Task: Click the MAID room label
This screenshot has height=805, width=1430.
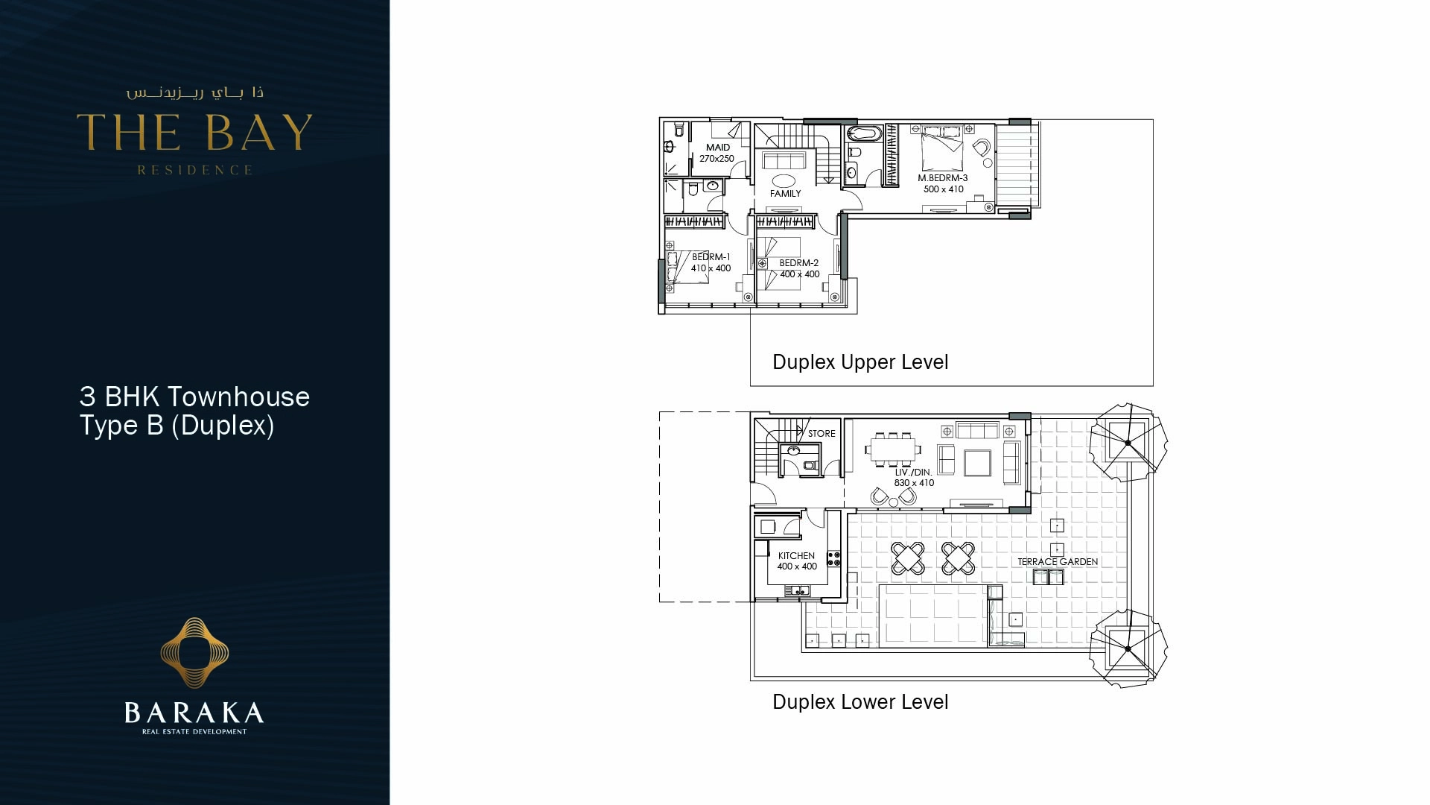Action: pos(718,148)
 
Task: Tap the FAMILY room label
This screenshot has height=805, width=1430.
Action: pos(785,194)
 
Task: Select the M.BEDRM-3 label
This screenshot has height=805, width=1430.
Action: pos(942,178)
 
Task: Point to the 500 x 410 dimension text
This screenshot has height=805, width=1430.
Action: pos(943,189)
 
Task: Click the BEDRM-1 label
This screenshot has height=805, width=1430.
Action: pos(711,257)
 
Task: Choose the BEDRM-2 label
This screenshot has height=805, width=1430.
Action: pos(798,263)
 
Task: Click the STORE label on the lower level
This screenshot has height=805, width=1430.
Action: pos(822,434)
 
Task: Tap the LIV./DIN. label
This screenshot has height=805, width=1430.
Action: pos(913,473)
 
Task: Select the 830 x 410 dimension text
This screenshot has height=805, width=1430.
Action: pos(914,483)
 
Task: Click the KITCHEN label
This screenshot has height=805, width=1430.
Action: pos(796,556)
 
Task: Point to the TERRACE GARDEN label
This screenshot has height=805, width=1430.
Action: pos(1057,562)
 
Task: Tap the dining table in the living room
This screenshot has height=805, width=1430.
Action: pos(892,449)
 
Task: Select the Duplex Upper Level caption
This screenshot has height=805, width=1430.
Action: pos(860,362)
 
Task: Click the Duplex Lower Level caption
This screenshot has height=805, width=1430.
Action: pos(860,702)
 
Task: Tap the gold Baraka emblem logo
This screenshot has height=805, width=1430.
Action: pos(194,652)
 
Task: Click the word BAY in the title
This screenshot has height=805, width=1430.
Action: pos(258,133)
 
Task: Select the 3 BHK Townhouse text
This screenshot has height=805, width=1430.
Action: pos(194,397)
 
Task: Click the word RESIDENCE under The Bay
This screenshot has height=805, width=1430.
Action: pos(194,170)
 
